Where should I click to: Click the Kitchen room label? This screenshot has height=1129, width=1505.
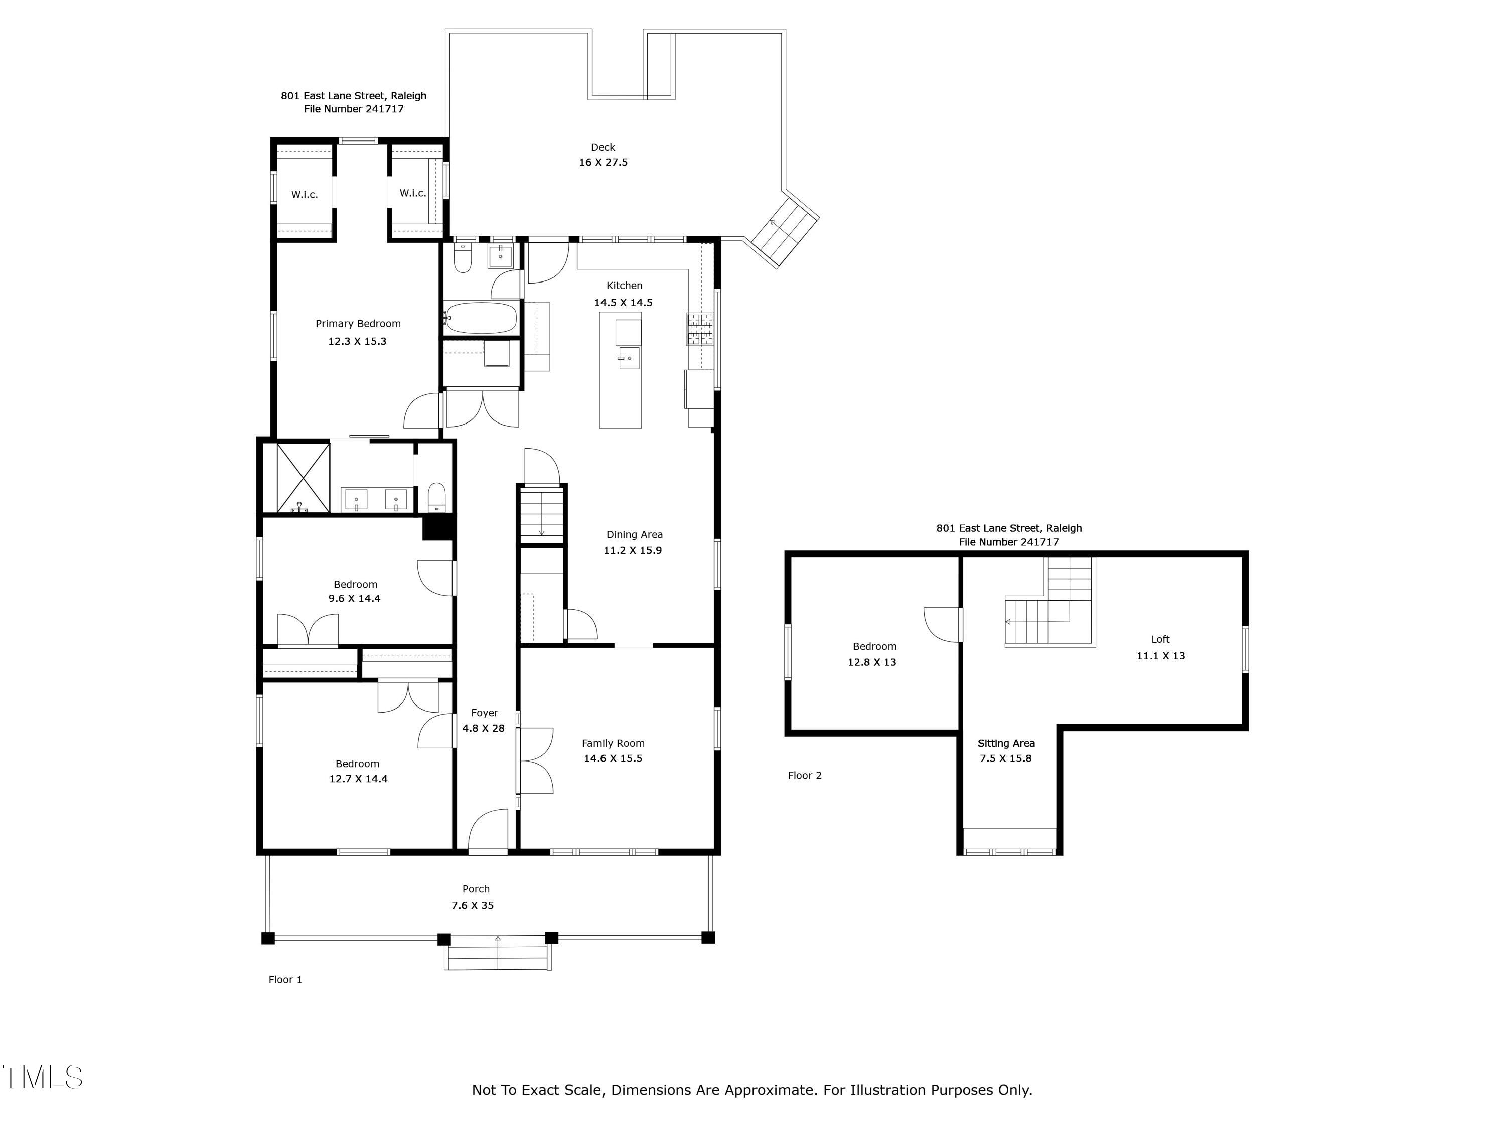click(624, 286)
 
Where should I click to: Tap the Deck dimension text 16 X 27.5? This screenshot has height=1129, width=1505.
click(603, 162)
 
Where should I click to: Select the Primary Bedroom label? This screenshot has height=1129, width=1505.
click(358, 324)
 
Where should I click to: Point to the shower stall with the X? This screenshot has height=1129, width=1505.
click(303, 477)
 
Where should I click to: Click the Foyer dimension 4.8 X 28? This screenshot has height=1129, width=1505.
click(484, 728)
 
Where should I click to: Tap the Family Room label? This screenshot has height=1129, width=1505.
click(613, 743)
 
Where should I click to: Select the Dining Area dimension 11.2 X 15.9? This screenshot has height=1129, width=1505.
click(633, 550)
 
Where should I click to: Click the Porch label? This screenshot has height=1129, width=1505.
click(476, 889)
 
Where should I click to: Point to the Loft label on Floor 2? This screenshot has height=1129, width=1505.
click(1160, 639)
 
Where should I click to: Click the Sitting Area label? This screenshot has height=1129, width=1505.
click(1006, 743)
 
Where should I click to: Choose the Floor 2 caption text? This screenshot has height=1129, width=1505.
click(805, 775)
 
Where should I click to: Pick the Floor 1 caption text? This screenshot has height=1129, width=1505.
click(285, 979)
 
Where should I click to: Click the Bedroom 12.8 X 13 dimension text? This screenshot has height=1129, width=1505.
click(871, 662)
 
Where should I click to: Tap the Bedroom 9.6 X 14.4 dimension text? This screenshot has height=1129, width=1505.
click(355, 598)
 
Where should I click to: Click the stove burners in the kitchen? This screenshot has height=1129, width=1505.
click(699, 330)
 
